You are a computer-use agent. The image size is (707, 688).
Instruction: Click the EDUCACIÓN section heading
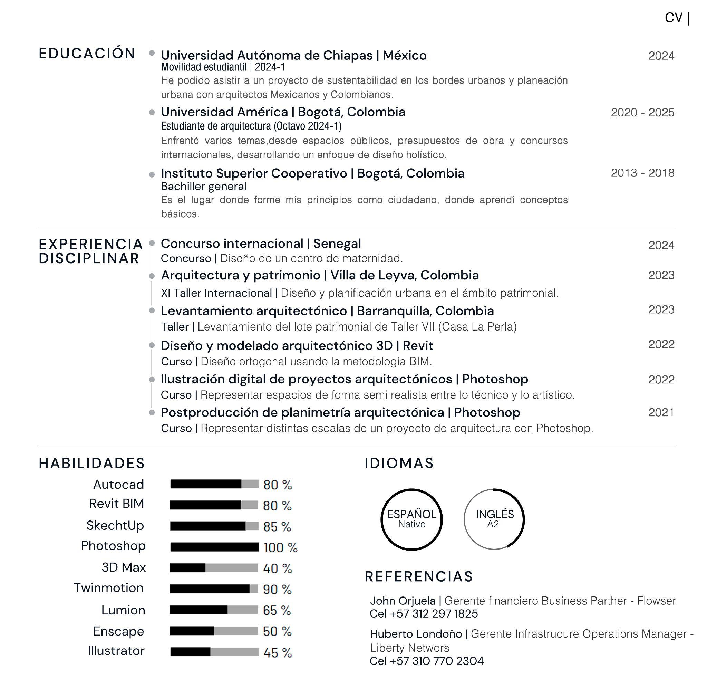(87, 54)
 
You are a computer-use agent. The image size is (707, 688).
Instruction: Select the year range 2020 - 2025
(642, 112)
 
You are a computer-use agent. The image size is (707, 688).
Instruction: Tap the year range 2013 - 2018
(642, 173)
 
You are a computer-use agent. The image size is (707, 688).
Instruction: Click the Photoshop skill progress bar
(214, 547)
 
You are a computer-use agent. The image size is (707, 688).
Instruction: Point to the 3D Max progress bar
(214, 568)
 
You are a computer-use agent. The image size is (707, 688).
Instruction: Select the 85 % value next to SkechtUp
(277, 526)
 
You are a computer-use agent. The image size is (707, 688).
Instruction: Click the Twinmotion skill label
(109, 588)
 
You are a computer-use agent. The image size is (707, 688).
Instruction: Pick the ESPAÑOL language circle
(411, 519)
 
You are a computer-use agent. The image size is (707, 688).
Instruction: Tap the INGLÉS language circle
(494, 519)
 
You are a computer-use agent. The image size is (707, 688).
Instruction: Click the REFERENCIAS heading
(418, 577)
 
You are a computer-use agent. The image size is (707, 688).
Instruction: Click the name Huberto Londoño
(416, 634)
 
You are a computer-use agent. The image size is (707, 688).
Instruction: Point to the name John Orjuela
(403, 601)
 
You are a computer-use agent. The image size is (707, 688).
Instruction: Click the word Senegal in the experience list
(337, 243)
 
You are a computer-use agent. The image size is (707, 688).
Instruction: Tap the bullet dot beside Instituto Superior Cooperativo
(152, 174)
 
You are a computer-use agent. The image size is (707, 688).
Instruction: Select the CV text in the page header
(674, 18)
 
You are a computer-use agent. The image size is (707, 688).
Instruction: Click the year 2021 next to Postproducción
(661, 412)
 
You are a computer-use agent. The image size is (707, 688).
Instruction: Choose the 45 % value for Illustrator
(277, 652)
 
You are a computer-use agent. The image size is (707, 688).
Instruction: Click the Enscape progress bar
(214, 631)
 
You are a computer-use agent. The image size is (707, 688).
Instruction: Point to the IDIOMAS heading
(399, 463)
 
